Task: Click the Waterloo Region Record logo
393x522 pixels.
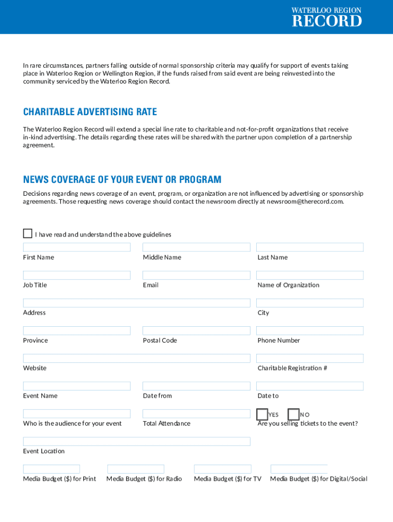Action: pyautogui.click(x=326, y=17)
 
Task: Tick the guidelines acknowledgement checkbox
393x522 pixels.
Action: pyautogui.click(x=28, y=233)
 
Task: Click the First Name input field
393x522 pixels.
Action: pyautogui.click(x=77, y=247)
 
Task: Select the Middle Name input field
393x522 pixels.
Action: pyautogui.click(x=196, y=247)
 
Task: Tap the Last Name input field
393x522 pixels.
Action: pyautogui.click(x=309, y=247)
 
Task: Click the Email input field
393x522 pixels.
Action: pyautogui.click(x=196, y=275)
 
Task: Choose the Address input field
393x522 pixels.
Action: pyautogui.click(x=136, y=303)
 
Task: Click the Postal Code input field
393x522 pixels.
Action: pyautogui.click(x=196, y=331)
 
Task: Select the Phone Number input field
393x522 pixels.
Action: pyautogui.click(x=309, y=331)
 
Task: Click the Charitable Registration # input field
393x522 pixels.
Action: pyautogui.click(x=309, y=358)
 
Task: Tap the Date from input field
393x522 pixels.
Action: pyautogui.click(x=196, y=386)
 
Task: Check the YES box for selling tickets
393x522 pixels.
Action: pyautogui.click(x=262, y=414)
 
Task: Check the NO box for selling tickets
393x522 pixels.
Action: pyautogui.click(x=293, y=414)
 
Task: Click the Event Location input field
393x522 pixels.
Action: pyautogui.click(x=136, y=441)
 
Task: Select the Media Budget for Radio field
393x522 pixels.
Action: pyautogui.click(x=135, y=469)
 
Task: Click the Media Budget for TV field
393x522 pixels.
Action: pyautogui.click(x=223, y=469)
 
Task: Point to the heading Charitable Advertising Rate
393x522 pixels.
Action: pyautogui.click(x=90, y=112)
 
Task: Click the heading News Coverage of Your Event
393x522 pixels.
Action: pyautogui.click(x=122, y=179)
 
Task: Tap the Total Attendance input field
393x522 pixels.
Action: pyautogui.click(x=196, y=414)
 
